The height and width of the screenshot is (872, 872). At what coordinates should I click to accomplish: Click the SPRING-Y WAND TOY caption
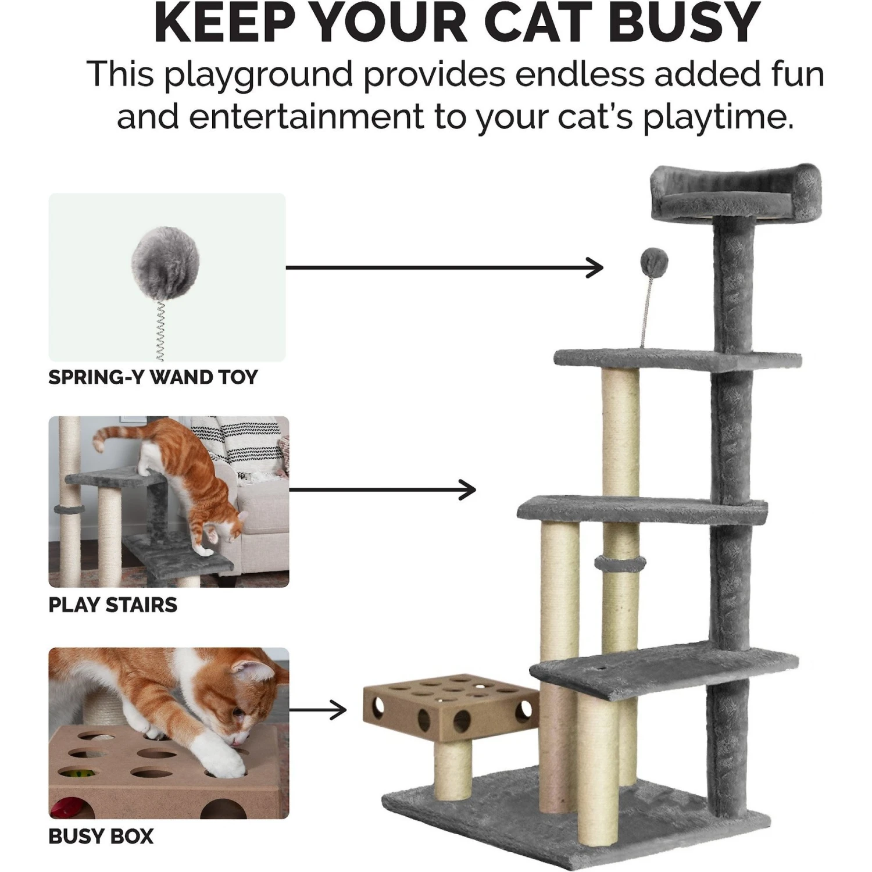(153, 377)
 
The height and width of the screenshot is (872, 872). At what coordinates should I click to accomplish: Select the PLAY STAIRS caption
(113, 605)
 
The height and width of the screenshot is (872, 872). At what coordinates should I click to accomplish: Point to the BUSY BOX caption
(101, 837)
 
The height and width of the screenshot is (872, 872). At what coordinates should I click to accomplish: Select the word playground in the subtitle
(258, 75)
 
